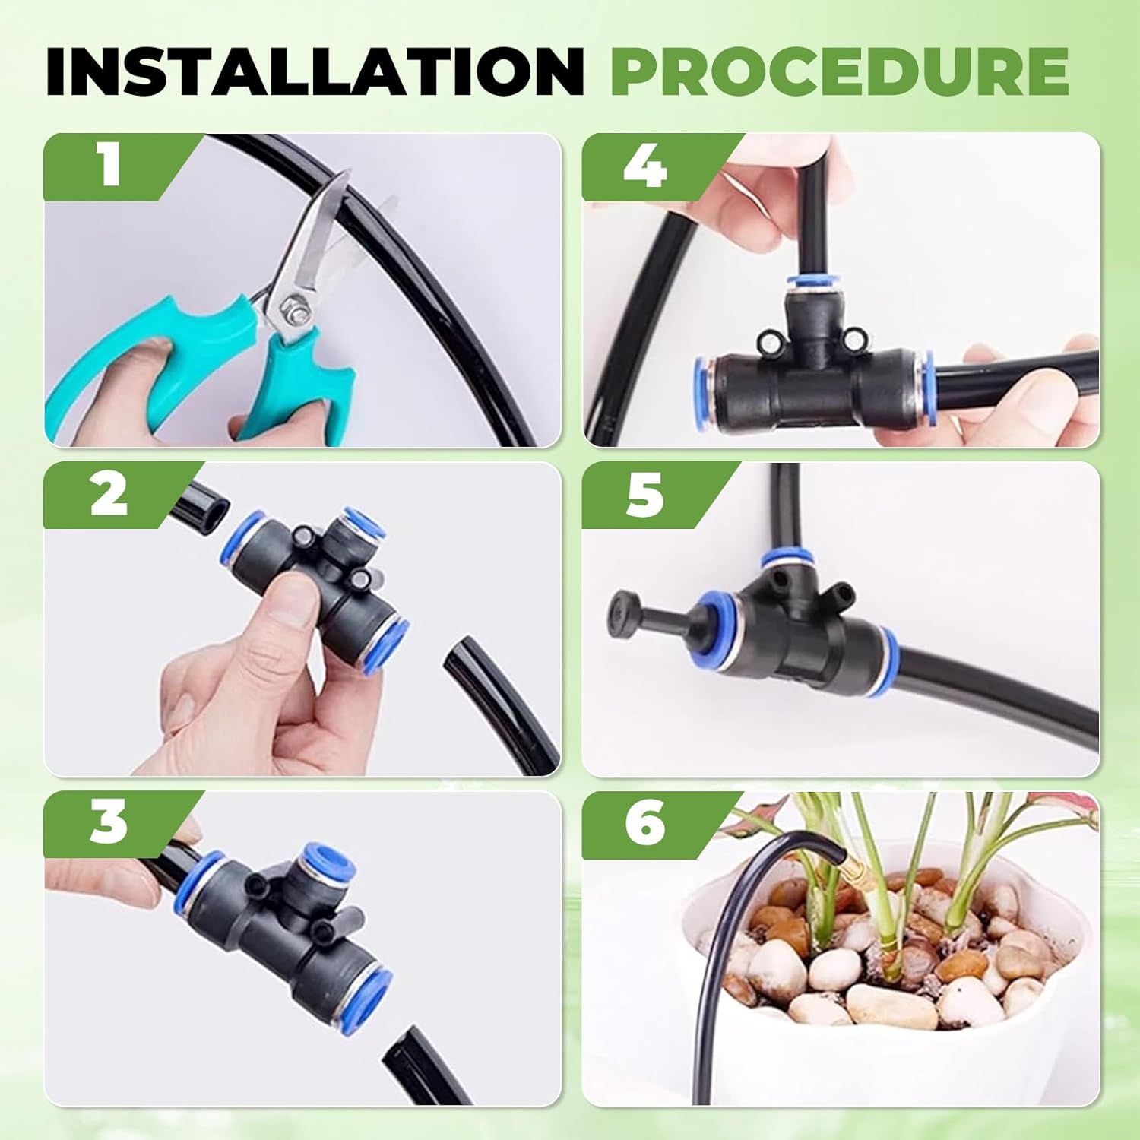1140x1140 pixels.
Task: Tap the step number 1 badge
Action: pos(110,166)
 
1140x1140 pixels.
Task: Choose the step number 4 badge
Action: pos(646,166)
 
